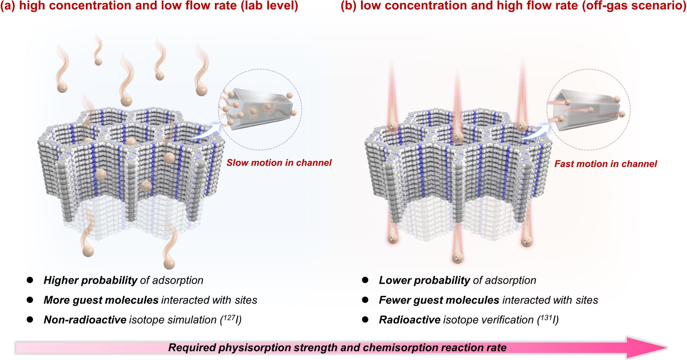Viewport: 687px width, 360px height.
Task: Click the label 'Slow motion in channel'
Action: click(x=279, y=163)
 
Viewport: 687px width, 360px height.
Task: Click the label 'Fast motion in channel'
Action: click(x=605, y=164)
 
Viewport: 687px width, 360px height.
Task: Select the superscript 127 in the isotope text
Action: click(x=229, y=317)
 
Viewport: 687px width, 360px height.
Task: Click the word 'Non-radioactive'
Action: click(x=85, y=320)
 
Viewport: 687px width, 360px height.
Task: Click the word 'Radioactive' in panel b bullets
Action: click(x=409, y=320)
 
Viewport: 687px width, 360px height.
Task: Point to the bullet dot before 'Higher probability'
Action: click(x=30, y=280)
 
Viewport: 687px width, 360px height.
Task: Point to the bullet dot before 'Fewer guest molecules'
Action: click(x=365, y=300)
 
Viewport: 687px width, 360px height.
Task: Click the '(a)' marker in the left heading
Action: click(x=8, y=6)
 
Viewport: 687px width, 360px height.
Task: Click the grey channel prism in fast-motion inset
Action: click(x=586, y=110)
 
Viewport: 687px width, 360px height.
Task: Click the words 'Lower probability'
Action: click(x=424, y=280)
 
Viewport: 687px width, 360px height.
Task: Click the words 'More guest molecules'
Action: click(x=101, y=300)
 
